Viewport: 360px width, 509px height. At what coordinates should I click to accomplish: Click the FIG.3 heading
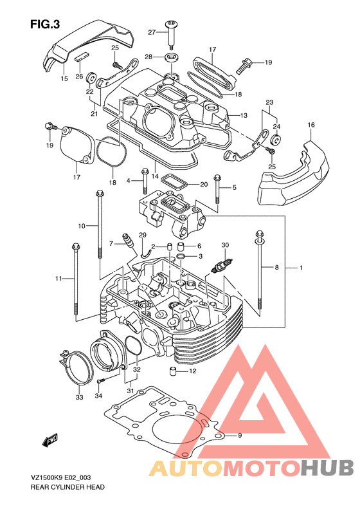tap(45, 24)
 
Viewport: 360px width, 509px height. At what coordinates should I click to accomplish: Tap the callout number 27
tap(152, 32)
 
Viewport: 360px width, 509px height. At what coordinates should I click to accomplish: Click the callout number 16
tap(311, 125)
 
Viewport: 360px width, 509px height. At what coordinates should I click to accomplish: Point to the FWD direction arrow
tap(50, 441)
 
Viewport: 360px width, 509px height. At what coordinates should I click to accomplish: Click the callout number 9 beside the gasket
tap(240, 435)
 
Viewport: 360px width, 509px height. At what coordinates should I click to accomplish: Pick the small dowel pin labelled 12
tap(173, 371)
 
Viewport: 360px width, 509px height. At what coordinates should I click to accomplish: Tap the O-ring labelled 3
tap(181, 257)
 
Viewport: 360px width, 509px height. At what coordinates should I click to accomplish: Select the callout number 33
tap(80, 397)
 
